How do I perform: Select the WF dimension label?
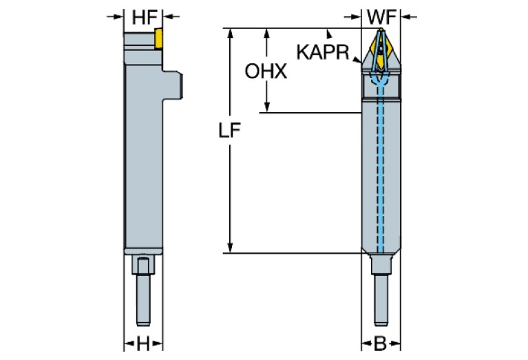380,15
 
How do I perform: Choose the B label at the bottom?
380,342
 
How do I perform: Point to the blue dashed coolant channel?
380,172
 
